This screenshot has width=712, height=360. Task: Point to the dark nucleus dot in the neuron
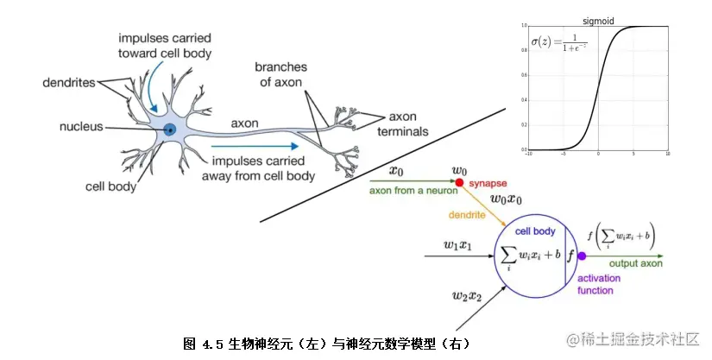click(170, 129)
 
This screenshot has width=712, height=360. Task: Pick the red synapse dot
click(459, 184)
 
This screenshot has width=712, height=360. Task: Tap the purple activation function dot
click(582, 256)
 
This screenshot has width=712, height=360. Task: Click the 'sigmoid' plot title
click(598, 21)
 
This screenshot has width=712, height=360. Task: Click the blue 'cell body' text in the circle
click(535, 231)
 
